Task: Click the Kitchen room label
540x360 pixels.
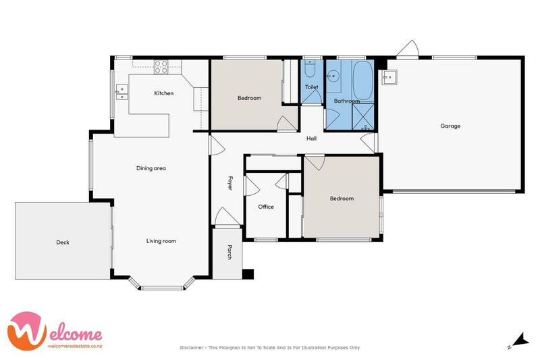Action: [163, 93]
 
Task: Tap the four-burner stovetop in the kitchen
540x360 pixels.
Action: [161, 67]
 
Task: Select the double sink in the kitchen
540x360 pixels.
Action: [122, 92]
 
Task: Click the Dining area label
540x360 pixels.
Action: [151, 168]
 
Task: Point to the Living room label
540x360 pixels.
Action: [161, 241]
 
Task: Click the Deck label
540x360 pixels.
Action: [63, 242]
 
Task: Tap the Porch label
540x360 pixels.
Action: [230, 252]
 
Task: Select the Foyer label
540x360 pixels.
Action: [230, 183]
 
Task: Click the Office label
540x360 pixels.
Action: [266, 207]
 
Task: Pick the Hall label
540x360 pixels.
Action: [311, 138]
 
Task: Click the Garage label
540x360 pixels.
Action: [450, 126]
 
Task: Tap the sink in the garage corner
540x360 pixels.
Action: [389, 77]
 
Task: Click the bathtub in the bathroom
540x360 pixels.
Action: [363, 81]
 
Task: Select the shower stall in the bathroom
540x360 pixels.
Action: [363, 116]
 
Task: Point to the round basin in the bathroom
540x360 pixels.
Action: [333, 76]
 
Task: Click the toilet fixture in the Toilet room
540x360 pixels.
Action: [310, 68]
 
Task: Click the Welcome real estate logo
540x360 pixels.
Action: [55, 331]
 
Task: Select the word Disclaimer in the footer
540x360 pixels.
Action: [192, 348]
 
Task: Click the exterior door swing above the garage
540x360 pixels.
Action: [408, 48]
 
